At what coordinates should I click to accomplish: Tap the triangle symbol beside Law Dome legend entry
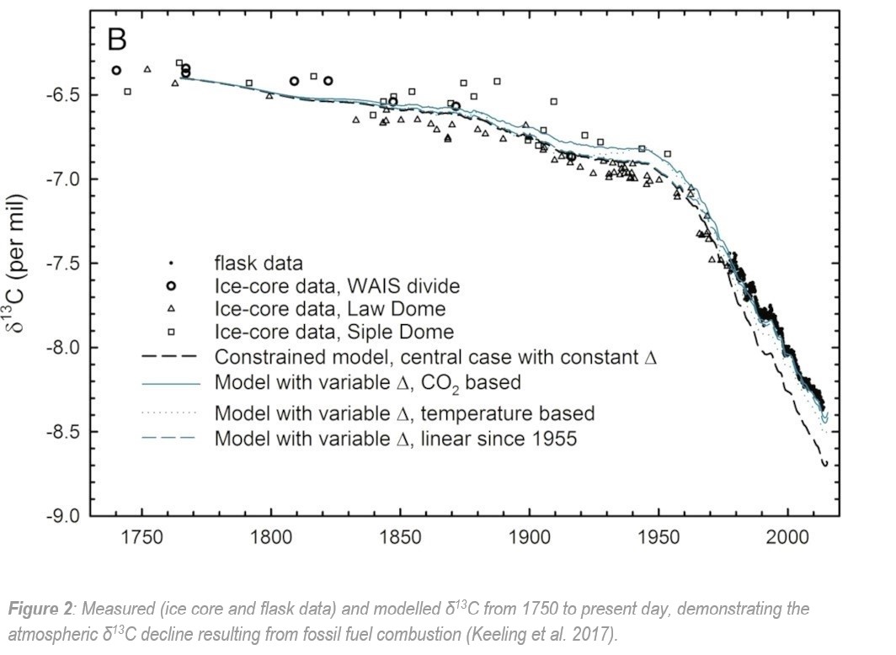pos(171,309)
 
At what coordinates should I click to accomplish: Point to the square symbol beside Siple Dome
pos(171,331)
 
